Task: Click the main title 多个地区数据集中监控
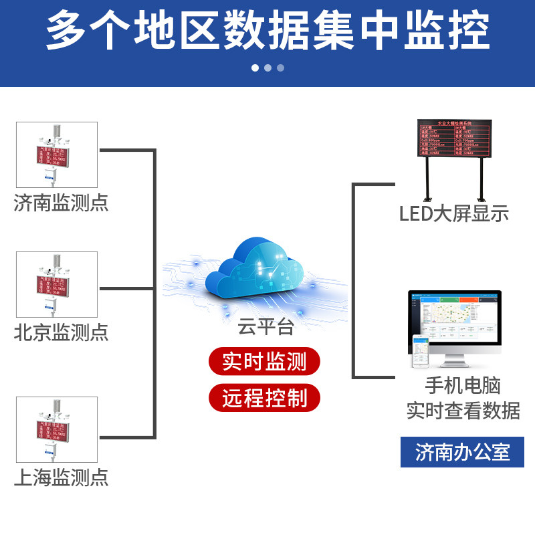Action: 267,30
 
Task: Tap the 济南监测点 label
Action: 61,202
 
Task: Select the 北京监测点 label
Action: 61,332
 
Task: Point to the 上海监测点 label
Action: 61,477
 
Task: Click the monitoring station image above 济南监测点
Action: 57,154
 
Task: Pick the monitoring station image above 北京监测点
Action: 57,285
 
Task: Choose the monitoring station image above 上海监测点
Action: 57,429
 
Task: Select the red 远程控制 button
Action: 264,399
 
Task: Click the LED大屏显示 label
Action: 454,213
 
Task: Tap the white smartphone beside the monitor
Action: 421,352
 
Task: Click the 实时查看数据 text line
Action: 463,410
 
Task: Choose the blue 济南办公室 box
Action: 462,452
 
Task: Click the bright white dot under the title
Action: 255,68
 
